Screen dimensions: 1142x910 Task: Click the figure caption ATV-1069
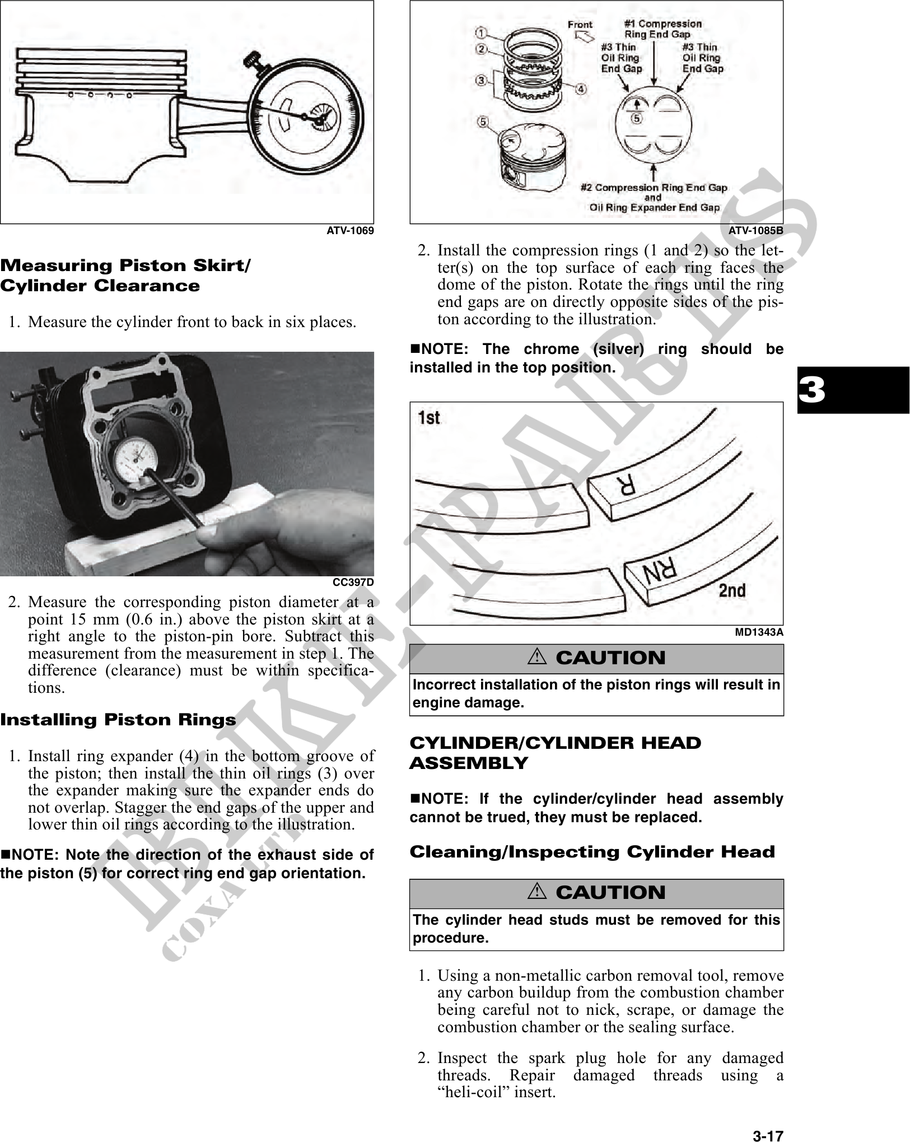coord(350,230)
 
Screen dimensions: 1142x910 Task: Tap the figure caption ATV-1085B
coord(755,230)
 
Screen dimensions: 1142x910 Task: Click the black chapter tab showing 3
coord(852,390)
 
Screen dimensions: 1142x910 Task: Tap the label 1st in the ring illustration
coord(430,418)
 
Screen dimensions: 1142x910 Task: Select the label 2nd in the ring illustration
coord(731,590)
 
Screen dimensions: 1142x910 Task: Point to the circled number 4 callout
coord(581,89)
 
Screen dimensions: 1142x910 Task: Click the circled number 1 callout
coord(482,32)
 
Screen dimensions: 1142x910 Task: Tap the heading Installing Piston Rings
coord(118,720)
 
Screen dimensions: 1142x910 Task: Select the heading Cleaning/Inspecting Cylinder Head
coord(592,852)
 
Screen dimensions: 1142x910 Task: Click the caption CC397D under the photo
coord(353,582)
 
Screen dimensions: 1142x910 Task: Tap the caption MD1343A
coord(759,632)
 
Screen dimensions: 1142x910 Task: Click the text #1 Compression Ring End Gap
coord(662,29)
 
